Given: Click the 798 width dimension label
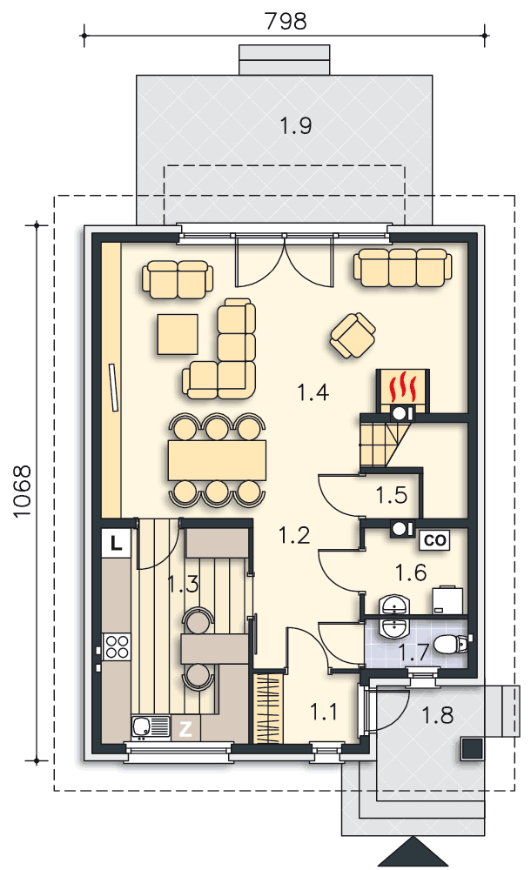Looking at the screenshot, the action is [286, 21].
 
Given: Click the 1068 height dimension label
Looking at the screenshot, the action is [23, 492].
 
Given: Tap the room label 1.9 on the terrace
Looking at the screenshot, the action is [295, 126].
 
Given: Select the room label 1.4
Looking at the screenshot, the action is [313, 393].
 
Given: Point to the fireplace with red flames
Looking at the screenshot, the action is [403, 391].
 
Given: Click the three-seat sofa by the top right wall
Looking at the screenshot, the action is [403, 267].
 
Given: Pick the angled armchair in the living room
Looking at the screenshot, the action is [353, 336].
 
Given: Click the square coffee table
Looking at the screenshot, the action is [178, 334].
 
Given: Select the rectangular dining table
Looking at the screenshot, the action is [217, 460].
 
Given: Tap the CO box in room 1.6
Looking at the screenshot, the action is [435, 540].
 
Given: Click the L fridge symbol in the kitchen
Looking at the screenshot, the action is [116, 543].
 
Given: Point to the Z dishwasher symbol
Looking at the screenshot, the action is [185, 728].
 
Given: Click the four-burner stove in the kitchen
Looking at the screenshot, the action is [116, 647].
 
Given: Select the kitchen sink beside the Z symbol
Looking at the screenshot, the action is [151, 727].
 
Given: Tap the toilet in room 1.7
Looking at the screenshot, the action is [451, 645].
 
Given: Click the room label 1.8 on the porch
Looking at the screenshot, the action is [438, 716].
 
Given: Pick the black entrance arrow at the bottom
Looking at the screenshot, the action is [413, 852].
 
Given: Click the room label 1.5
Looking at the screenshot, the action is [392, 495].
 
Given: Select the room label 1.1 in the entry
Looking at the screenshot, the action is [323, 712].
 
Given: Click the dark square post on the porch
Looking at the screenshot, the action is [472, 749].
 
